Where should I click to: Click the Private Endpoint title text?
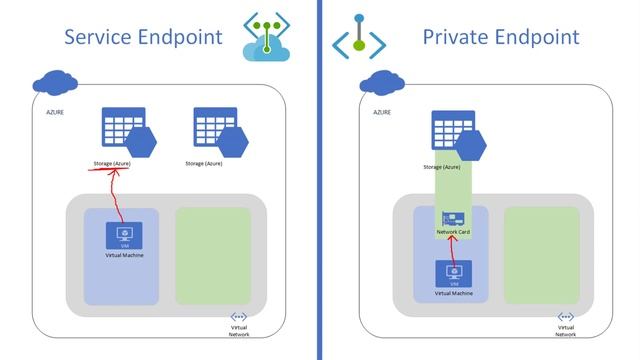point(501,38)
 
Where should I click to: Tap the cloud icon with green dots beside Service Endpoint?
point(267,39)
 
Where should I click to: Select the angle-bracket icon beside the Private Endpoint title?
point(358,40)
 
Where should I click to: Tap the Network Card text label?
point(455,233)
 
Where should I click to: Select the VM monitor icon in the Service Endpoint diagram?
point(123,236)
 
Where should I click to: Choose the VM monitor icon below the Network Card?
point(454,274)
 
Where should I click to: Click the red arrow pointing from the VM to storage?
point(118,195)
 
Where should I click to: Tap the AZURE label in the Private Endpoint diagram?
point(382,113)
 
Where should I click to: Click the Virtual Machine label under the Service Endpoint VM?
point(123,255)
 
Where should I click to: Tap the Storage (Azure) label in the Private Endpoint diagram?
point(442,167)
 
